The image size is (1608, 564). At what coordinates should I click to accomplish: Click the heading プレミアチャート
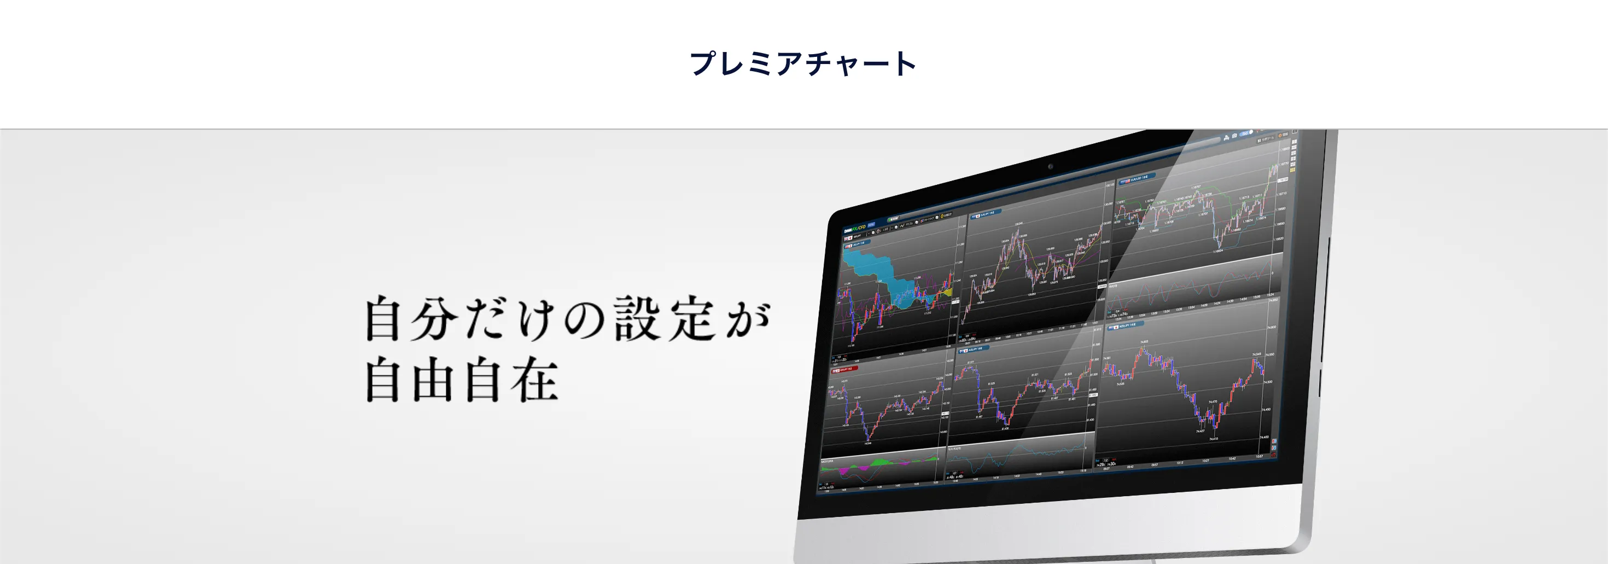point(803,63)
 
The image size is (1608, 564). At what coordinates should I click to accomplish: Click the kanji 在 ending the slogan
point(534,379)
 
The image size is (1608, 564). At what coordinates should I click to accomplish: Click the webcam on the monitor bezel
point(1051,167)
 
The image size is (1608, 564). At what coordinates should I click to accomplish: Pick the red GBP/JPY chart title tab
point(844,369)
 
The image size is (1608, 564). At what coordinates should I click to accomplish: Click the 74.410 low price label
point(1214,439)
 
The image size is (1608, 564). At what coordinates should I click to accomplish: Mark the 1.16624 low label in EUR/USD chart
point(1218,251)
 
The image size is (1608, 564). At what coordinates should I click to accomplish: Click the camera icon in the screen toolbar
point(1234,136)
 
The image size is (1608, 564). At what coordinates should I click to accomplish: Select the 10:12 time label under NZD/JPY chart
point(1179,463)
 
